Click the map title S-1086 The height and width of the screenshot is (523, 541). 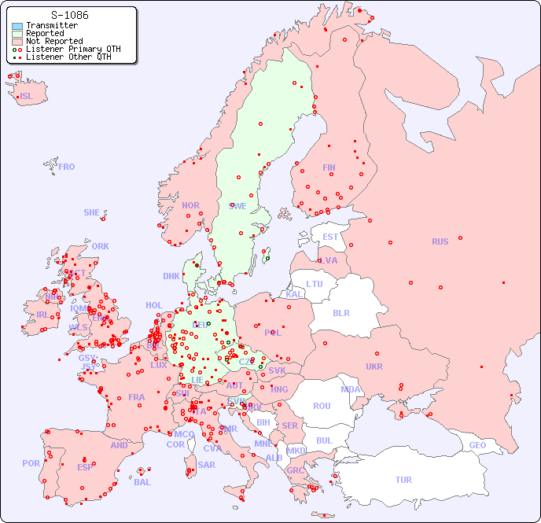point(69,15)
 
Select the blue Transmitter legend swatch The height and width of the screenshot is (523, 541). point(17,26)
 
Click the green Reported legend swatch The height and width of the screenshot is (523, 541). point(17,34)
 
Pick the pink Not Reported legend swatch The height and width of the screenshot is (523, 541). point(17,42)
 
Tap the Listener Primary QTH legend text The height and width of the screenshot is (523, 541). point(73,49)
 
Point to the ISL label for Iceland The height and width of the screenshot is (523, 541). point(26,97)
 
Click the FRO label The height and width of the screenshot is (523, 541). point(66,167)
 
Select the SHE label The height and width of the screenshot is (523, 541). point(91,212)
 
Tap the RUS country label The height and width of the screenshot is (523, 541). point(440,241)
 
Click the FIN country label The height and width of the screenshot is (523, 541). point(329,168)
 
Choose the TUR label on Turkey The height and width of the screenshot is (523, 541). point(403,480)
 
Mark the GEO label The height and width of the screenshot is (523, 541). point(477,445)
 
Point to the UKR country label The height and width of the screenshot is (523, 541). point(374,366)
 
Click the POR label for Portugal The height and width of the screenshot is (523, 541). point(31,463)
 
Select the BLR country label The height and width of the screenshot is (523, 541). point(340,312)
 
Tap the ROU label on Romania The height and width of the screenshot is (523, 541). point(322,406)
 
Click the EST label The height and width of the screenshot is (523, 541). point(330,237)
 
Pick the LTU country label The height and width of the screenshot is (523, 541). point(315,284)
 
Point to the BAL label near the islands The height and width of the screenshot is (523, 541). point(142,482)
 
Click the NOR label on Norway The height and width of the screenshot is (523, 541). point(190,205)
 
